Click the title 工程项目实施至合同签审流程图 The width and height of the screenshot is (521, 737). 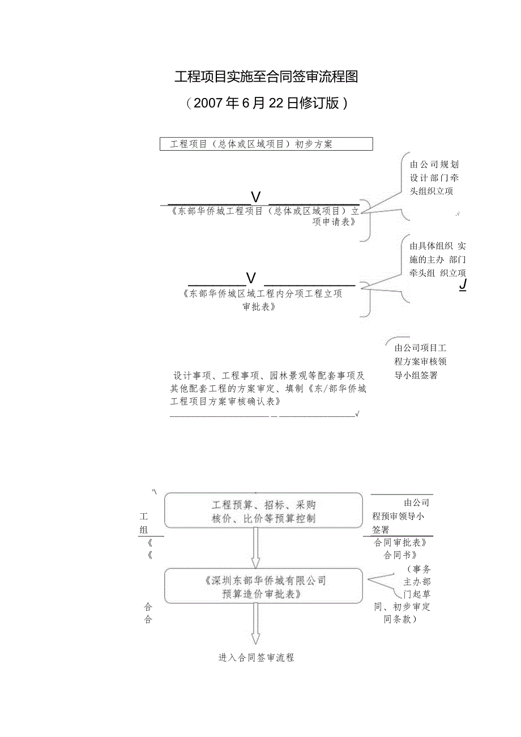(x=266, y=77)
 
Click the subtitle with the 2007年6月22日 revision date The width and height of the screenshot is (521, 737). (x=266, y=103)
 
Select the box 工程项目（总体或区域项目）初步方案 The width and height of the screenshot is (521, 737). (x=267, y=144)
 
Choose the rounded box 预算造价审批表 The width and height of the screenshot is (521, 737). (x=263, y=586)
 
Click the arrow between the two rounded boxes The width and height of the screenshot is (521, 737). (x=256, y=548)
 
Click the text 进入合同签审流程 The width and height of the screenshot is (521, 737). (x=256, y=658)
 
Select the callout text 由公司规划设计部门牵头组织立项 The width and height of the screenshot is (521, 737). (x=434, y=178)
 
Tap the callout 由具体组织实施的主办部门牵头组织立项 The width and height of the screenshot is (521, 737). (x=437, y=259)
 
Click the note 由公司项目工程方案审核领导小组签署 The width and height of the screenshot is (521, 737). (x=420, y=361)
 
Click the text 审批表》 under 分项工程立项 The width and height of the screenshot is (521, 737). (x=259, y=306)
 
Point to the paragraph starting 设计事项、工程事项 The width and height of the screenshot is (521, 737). (x=268, y=388)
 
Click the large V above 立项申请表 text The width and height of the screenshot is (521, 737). (x=256, y=197)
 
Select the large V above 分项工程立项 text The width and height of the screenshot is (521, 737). (x=251, y=278)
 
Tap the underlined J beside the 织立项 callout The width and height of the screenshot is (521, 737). (x=463, y=284)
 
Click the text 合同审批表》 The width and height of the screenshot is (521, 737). (x=400, y=542)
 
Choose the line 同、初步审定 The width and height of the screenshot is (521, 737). (x=402, y=607)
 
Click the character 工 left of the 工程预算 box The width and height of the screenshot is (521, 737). (x=144, y=517)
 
